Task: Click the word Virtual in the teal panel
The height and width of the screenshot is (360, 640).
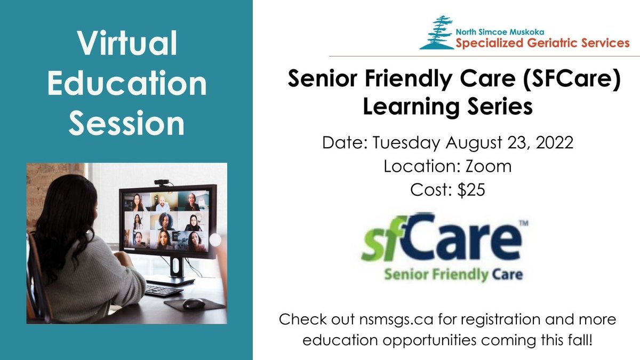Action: click(x=126, y=46)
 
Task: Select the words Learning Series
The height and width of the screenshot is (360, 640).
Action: click(x=447, y=106)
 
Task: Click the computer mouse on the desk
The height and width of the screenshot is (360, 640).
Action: click(x=193, y=303)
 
